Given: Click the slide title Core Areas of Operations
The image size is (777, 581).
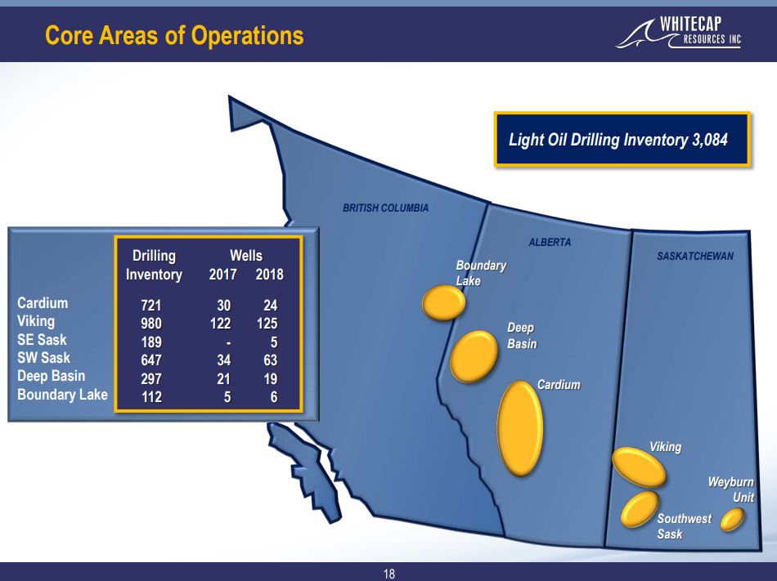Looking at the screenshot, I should point(174,36).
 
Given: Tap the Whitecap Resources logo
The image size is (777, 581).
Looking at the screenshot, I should point(680,34).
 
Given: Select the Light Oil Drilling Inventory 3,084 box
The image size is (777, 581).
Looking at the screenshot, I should point(622,140).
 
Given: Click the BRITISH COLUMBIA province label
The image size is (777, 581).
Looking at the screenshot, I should point(385,208).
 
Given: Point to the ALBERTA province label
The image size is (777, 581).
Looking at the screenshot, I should point(550,243).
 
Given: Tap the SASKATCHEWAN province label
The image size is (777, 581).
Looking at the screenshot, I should point(695,257).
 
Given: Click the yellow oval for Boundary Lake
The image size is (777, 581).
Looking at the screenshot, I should point(443,302).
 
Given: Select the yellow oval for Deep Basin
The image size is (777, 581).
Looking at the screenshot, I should point(474,355).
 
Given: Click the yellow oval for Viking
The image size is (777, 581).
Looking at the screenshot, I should point(638,467).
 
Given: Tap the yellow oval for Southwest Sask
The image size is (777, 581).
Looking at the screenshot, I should point(640,508).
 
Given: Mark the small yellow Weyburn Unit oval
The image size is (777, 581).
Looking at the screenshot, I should point(731,519).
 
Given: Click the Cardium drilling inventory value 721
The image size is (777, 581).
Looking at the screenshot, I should point(151,306).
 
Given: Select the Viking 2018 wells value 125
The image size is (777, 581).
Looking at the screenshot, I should point(266,324).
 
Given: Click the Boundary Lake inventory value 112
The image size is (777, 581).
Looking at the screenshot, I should point(151,398).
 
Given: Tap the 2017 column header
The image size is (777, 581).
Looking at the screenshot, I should point(222,275).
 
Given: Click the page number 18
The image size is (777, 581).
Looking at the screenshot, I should point(388,574).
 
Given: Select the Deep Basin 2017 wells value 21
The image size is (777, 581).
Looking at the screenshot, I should point(222,379).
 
